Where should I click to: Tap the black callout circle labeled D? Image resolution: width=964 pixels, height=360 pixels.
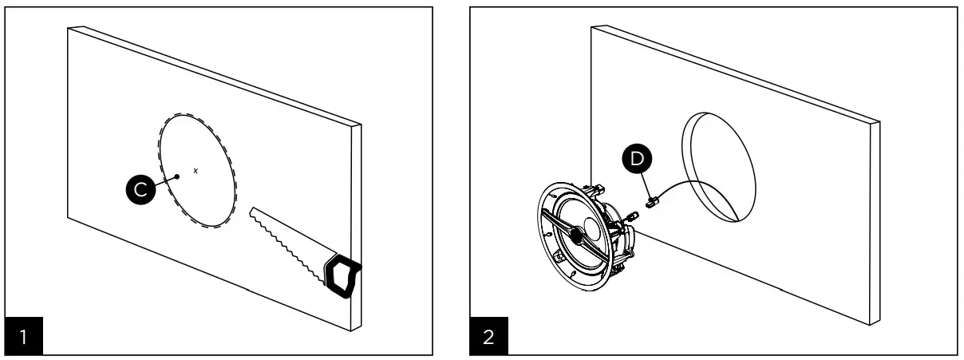click(636, 159)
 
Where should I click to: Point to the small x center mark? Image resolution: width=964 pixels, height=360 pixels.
click(196, 170)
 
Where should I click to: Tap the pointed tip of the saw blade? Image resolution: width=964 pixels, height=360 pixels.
click(252, 211)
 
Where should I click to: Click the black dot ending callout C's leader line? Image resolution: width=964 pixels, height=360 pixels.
click(176, 176)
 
